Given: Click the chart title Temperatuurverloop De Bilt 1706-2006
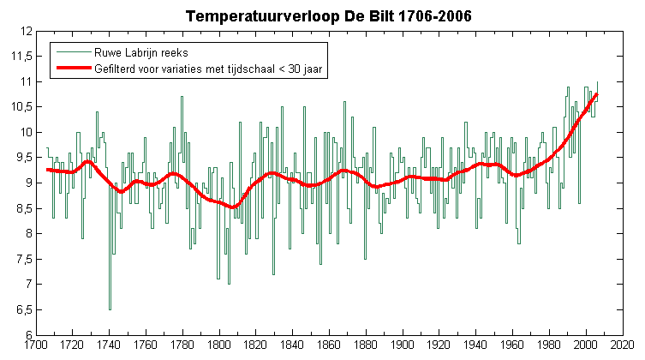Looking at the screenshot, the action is tap(328, 16).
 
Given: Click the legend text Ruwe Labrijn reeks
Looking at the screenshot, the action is tap(141, 52).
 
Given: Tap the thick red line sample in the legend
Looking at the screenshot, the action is tap(74, 68).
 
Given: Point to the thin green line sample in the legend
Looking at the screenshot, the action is tap(74, 51).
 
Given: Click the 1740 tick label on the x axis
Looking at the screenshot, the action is tap(109, 345).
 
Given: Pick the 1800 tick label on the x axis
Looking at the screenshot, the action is tap(218, 345).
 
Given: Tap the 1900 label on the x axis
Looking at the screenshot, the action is tap(403, 345).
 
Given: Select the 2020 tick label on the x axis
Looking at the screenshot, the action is tap(623, 345).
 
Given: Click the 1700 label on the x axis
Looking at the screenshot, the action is tap(36, 345).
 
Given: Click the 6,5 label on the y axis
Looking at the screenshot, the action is tap(23, 309).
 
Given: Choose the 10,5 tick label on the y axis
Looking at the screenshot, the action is tap(21, 107).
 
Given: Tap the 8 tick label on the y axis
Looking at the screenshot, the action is tap(28, 234).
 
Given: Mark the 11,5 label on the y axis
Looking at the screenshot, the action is tap(21, 57).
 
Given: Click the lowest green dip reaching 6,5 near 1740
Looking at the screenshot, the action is tap(110, 309).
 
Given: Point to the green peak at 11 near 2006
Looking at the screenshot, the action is tap(597, 82).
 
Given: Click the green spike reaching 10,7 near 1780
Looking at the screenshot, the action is tap(182, 97).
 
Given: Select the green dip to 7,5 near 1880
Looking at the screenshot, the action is tap(365, 259).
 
